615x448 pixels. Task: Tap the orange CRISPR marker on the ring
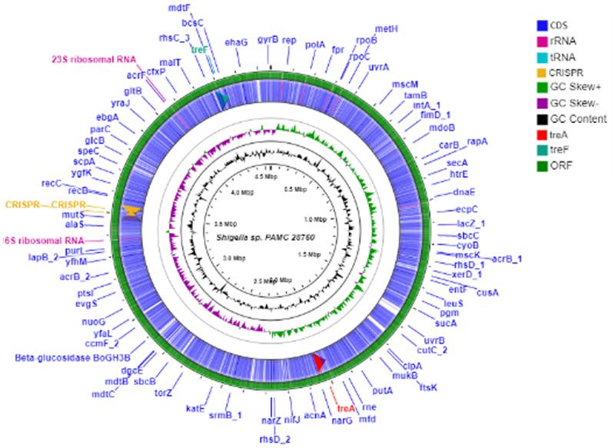pyautogui.click(x=132, y=211)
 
